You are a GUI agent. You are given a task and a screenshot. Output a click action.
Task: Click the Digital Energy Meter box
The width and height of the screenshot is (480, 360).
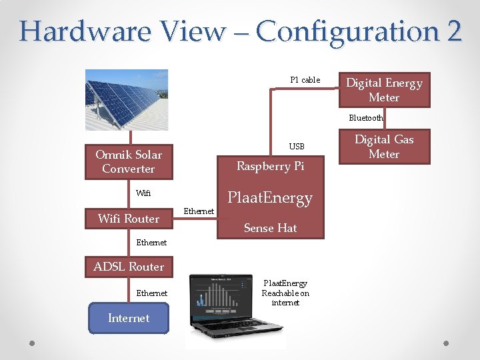tap(384, 90)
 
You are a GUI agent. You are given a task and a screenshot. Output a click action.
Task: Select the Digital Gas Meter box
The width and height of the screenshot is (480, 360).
tap(384, 147)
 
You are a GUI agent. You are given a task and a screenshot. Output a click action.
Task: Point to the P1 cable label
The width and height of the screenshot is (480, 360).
tap(305, 80)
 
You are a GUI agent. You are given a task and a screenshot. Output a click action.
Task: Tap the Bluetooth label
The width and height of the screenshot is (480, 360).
tap(366, 118)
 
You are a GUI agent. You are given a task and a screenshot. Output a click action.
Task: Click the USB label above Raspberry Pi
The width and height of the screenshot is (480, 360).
tap(297, 146)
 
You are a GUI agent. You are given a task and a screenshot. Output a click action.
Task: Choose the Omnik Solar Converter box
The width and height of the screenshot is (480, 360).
tap(129, 162)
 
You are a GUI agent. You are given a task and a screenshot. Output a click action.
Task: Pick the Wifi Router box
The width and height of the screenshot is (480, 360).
tap(129, 219)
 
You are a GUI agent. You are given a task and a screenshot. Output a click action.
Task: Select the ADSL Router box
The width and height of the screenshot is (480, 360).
tap(129, 267)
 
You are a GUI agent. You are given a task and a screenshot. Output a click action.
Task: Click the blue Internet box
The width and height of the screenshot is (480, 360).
tap(129, 318)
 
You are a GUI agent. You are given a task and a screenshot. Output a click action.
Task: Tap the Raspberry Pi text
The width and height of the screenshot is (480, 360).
tap(270, 166)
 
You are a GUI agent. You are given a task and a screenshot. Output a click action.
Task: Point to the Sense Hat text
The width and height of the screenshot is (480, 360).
tap(270, 228)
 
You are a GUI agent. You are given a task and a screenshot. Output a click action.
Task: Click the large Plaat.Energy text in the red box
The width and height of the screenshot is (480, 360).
tap(270, 198)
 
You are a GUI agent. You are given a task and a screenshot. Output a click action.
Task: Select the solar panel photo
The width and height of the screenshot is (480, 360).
tap(127, 100)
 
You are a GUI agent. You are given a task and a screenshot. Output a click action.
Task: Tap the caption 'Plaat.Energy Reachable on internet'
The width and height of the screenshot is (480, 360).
tap(285, 293)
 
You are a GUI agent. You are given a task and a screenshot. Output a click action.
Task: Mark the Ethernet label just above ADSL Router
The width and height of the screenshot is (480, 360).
tap(152, 243)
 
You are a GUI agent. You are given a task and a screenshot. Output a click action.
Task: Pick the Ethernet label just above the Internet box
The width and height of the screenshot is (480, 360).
tap(152, 293)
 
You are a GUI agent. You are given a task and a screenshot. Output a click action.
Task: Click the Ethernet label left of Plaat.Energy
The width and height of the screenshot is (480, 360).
tap(199, 211)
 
